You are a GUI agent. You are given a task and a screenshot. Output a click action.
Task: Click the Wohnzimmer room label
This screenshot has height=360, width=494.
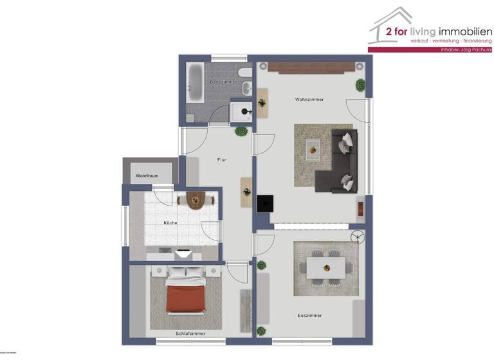point(309,100)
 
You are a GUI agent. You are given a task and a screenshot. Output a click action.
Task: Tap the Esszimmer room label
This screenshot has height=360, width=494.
point(309,316)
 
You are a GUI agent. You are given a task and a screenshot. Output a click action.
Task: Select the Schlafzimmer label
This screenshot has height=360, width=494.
point(190,334)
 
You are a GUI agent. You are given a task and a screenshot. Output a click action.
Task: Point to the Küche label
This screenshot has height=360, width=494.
point(170,223)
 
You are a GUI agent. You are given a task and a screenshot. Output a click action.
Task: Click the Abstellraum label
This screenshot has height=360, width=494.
point(147,175)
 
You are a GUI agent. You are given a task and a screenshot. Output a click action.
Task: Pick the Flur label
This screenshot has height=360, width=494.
point(222,159)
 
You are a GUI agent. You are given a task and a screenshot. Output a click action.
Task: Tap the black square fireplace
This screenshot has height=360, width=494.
point(264,203)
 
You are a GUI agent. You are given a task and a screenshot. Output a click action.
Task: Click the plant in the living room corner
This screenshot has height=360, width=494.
point(360,84)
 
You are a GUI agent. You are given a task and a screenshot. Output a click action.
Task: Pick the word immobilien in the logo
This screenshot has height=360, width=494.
point(465,31)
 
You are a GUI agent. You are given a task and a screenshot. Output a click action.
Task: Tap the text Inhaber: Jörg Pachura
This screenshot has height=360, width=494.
point(464,50)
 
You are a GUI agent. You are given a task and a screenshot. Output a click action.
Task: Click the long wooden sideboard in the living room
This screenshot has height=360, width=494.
point(311,66)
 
